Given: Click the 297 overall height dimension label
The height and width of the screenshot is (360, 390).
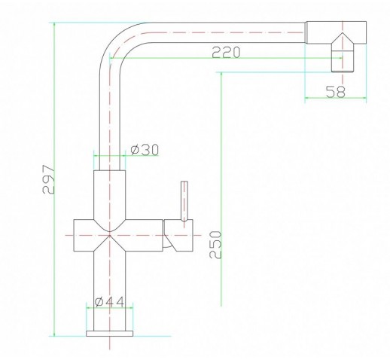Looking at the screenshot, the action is [x=48, y=179].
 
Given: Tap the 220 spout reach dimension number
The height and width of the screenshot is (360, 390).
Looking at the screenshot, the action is [x=226, y=52].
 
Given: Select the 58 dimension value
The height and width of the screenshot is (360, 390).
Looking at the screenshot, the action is [x=336, y=91].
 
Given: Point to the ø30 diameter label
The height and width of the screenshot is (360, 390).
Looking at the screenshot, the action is [x=145, y=150].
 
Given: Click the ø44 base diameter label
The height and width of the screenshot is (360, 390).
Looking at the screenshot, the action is [x=110, y=302].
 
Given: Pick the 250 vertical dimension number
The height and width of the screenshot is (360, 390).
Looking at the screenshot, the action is [x=215, y=245].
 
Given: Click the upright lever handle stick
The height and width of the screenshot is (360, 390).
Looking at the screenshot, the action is [x=184, y=201].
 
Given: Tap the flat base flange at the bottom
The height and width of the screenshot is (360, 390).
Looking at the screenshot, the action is [x=110, y=334].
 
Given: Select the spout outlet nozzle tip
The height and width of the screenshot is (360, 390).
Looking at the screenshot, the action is [x=343, y=61].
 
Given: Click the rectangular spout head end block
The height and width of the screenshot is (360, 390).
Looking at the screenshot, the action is [x=336, y=32].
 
